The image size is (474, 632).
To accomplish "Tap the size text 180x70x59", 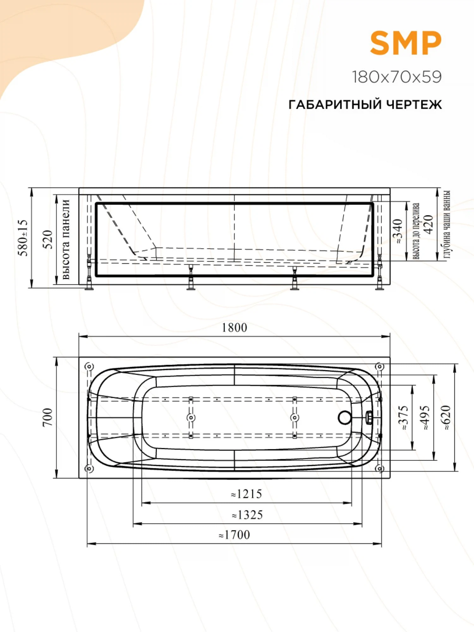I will (397, 77).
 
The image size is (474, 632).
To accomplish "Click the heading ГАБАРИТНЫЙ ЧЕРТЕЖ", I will (365, 104).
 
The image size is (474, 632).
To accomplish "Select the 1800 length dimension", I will (234, 328).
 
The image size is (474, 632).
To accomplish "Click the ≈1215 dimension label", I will (246, 494).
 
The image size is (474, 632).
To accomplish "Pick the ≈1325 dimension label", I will (247, 515).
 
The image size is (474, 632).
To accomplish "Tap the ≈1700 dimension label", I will (234, 535).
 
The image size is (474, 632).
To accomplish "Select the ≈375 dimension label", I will (405, 418).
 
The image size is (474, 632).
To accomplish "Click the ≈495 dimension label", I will (426, 418).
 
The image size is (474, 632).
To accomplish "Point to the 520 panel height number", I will (47, 240).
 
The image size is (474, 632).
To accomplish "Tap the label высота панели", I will (65, 239).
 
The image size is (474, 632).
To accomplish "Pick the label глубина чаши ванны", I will (446, 224).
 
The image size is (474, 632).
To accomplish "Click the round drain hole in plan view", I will (344, 417).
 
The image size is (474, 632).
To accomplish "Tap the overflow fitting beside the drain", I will (368, 417).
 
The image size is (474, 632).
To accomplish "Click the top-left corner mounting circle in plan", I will (89, 367).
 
